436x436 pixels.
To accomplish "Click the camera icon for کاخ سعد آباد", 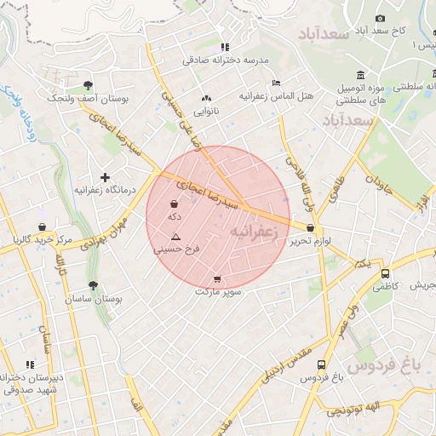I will click(x=380, y=18).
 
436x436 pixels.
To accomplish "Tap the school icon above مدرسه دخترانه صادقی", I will click(x=224, y=48).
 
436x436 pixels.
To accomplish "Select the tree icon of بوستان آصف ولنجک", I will click(x=89, y=84).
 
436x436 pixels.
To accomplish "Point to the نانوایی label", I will click(x=206, y=111).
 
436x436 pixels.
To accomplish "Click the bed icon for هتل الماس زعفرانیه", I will click(x=275, y=83).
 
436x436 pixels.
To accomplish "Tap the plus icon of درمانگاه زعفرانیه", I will click(x=105, y=177).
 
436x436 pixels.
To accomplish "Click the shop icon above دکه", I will click(x=175, y=204).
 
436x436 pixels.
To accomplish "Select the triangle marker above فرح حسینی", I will click(x=176, y=236).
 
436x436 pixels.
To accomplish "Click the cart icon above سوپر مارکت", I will click(x=217, y=278).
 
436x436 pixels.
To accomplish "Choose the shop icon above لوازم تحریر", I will click(x=309, y=228).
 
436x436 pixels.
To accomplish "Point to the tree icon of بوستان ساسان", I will click(x=93, y=286).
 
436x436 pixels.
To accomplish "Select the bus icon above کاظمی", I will click(x=386, y=274).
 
